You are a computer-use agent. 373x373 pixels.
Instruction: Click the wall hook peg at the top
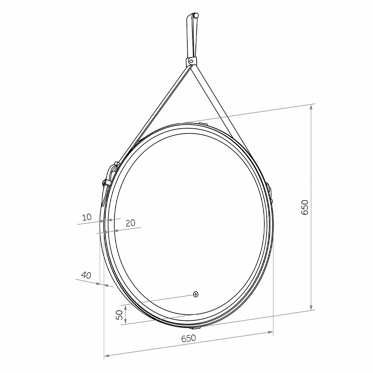[196, 15]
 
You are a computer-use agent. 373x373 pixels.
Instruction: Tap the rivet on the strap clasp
[191, 62]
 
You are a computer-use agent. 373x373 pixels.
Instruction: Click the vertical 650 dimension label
[305, 207]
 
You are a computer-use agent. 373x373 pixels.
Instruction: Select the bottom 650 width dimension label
[188, 338]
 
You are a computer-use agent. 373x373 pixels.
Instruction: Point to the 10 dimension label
[87, 217]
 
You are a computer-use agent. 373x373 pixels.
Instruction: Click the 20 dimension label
[130, 223]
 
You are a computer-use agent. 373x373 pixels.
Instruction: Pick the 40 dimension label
[86, 275]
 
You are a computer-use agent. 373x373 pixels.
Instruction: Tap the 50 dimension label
[119, 315]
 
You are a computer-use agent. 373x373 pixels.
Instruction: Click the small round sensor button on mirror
[195, 294]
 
